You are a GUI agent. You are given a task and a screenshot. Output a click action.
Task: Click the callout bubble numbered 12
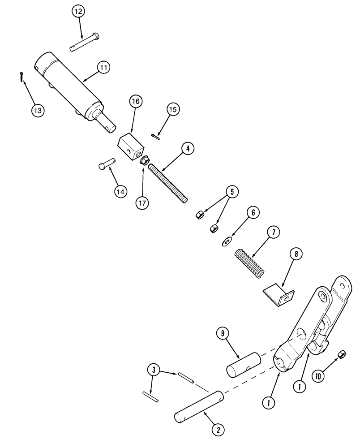(x=81, y=12)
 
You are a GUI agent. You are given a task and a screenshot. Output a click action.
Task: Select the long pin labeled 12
(x=86, y=42)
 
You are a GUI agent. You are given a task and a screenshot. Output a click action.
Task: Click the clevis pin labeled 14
(x=107, y=164)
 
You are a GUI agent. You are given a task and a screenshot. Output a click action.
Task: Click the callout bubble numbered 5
(x=232, y=192)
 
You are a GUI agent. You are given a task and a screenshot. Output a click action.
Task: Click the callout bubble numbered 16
(x=136, y=102)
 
